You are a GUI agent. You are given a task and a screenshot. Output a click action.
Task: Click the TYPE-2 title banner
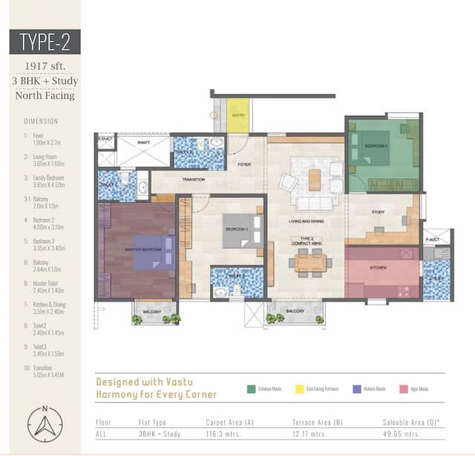tap(45, 42)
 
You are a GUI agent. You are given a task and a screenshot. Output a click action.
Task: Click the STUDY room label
tap(378, 212)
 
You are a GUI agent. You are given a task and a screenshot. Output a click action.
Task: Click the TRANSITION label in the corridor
tap(172, 179)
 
